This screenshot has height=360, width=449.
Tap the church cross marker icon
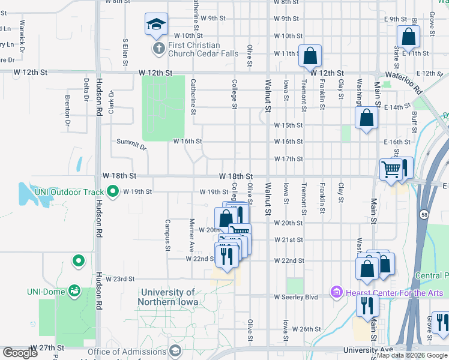tap(158, 49)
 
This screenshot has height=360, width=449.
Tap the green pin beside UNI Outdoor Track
tap(113, 192)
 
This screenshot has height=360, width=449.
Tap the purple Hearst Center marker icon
tap(336, 292)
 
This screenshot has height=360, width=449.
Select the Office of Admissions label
tap(127, 352)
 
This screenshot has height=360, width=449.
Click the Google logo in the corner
tap(19, 353)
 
